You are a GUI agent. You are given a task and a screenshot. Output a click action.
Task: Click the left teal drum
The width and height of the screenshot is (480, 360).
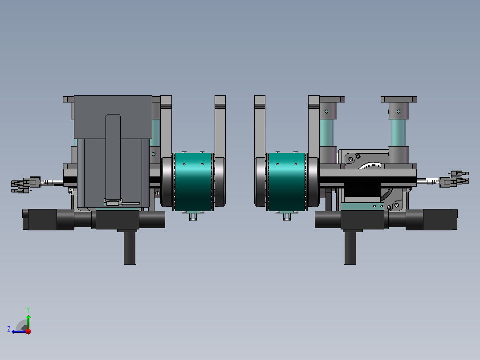[x=193, y=182]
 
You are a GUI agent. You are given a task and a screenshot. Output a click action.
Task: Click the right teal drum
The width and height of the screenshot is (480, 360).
[x=287, y=182]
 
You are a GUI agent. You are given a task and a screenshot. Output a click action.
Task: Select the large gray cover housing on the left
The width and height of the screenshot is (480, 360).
[x=113, y=151]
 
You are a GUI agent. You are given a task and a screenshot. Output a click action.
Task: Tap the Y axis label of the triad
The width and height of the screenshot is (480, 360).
[x=28, y=310]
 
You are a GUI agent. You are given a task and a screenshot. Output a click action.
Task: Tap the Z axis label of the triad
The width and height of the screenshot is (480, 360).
[x=9, y=329]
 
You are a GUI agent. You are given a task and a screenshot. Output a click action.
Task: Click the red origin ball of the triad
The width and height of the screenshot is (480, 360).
[x=28, y=331]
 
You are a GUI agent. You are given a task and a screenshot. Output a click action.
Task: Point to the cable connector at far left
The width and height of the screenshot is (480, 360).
[x=26, y=185]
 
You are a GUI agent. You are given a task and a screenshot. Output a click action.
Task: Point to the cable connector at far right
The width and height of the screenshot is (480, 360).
[x=454, y=179]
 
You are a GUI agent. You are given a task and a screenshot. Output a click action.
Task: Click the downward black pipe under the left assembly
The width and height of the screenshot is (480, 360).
[x=130, y=248]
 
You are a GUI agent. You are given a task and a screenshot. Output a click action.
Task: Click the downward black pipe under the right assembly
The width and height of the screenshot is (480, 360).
[x=350, y=248]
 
